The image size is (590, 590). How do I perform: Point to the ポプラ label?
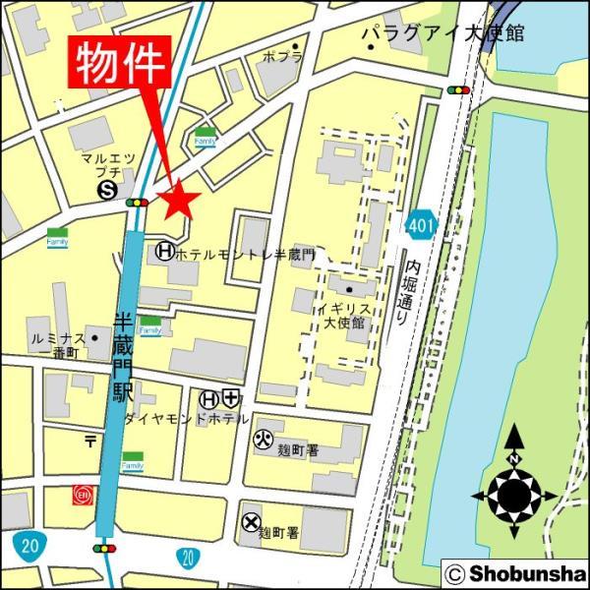tap(281, 58)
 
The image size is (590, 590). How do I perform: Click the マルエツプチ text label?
tap(108, 165)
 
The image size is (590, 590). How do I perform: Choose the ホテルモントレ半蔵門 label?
tap(245, 254)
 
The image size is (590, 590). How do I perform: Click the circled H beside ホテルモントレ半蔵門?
tap(165, 253)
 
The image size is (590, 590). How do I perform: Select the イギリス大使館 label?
tap(344, 315)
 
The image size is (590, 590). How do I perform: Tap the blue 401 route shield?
tap(421, 226)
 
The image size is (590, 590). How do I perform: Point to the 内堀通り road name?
tap(412, 291)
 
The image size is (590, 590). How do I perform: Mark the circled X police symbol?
tap(252, 522)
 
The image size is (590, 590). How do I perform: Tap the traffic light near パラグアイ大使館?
tap(458, 89)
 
